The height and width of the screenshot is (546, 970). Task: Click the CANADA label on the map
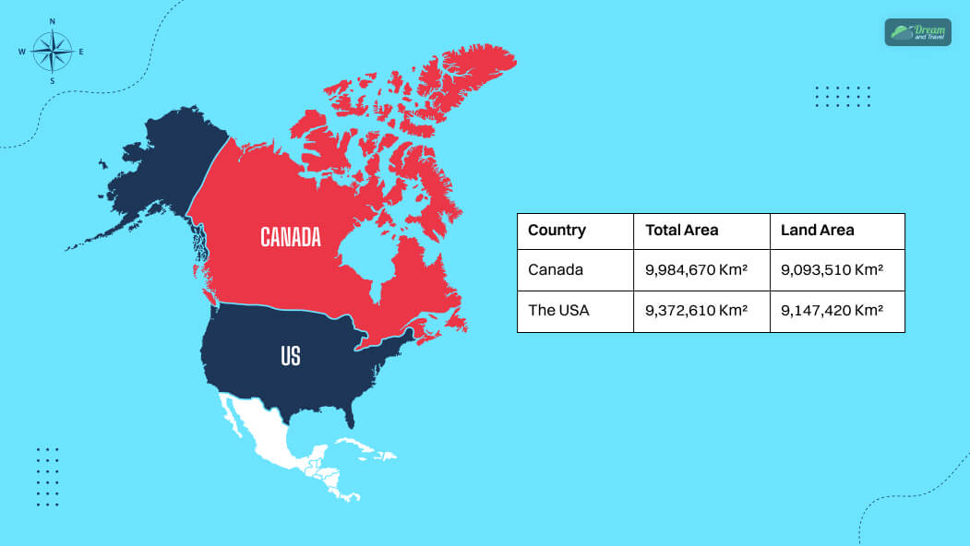pyautogui.click(x=291, y=237)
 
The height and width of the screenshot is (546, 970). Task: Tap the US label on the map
pyautogui.click(x=291, y=355)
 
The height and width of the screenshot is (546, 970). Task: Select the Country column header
pyautogui.click(x=557, y=231)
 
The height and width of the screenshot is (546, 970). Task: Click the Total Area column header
pyautogui.click(x=681, y=231)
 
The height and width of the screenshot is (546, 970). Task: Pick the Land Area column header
pyautogui.click(x=817, y=231)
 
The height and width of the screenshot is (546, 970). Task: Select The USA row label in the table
pyautogui.click(x=558, y=310)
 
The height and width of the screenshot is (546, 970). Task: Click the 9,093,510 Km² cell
pyautogui.click(x=832, y=270)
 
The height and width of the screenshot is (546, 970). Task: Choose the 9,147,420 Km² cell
pyautogui.click(x=832, y=310)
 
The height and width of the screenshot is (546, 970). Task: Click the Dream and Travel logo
pyautogui.click(x=917, y=32)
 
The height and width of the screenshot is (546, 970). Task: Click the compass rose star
pyautogui.click(x=52, y=52)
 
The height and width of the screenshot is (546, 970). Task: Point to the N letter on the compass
pyautogui.click(x=52, y=21)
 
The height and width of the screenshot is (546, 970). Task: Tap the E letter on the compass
pyautogui.click(x=81, y=52)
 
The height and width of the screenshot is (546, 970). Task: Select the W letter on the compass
pyautogui.click(x=21, y=52)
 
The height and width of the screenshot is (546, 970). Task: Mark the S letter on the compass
pyautogui.click(x=52, y=81)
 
